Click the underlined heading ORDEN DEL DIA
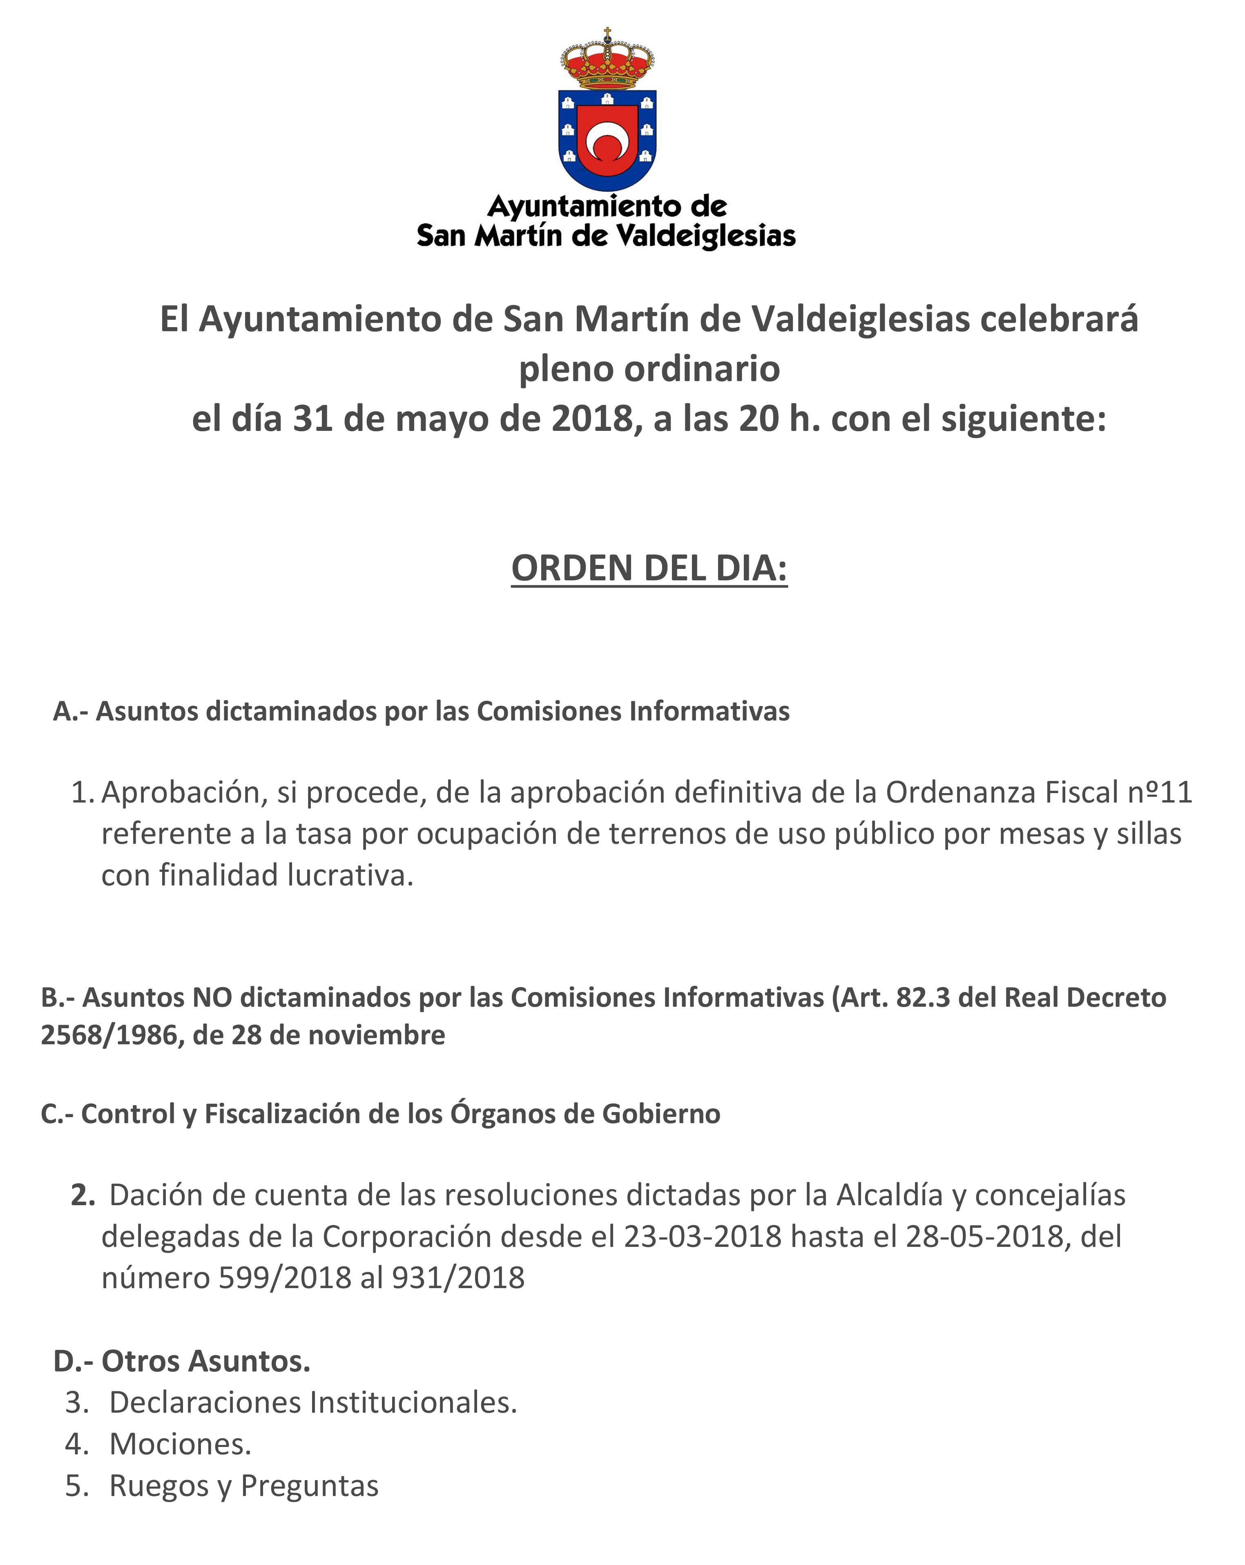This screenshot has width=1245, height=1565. [649, 568]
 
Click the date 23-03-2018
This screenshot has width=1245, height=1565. [702, 1236]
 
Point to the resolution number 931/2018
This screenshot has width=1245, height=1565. [458, 1278]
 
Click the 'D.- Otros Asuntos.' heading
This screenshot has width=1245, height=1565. [181, 1361]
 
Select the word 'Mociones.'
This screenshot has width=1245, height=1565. [180, 1445]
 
